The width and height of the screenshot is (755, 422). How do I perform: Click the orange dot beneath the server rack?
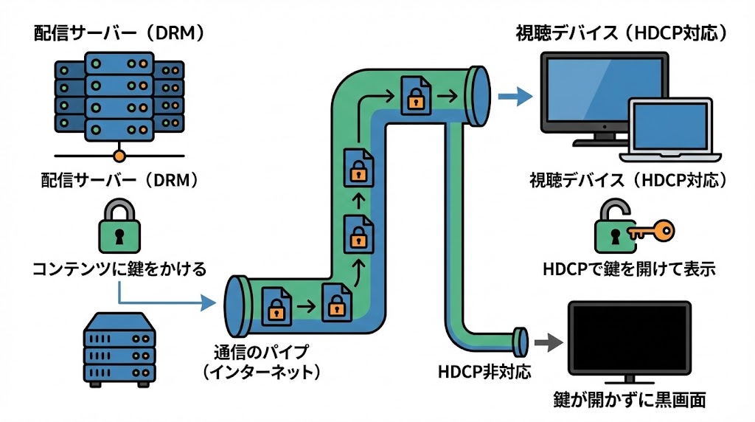[x=119, y=156]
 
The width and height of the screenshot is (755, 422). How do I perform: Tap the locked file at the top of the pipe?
[x=416, y=94]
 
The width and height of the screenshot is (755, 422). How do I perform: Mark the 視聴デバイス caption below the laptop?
[x=629, y=181]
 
